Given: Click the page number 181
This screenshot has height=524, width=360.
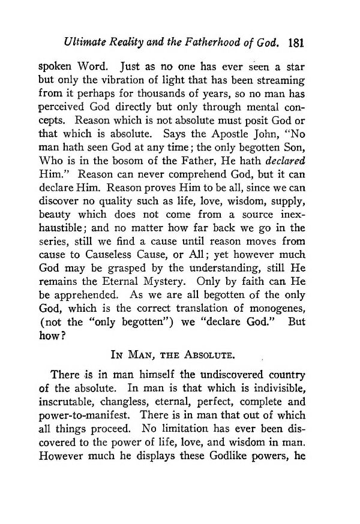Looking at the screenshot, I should (298, 43).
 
